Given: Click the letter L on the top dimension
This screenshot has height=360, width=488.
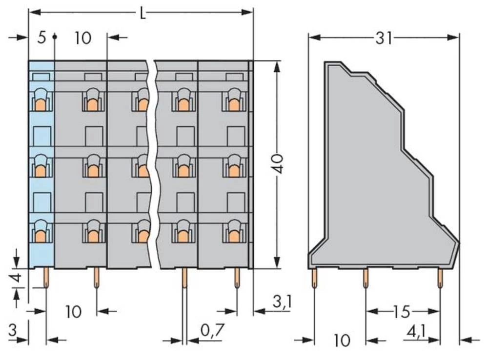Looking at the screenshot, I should [142, 13].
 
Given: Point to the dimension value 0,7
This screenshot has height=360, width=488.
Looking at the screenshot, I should [212, 331].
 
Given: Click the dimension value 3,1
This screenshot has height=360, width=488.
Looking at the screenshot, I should [282, 302].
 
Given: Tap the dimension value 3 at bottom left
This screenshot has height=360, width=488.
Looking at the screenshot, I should [12, 331].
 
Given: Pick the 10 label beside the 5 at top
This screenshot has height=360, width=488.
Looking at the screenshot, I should [83, 38].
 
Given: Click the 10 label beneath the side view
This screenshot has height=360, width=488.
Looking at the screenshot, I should [343, 340].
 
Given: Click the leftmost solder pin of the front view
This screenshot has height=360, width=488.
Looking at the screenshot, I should [46, 278].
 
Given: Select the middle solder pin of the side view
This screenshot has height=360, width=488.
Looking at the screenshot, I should [365, 279].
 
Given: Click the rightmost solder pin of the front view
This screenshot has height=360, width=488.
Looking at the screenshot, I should [237, 278].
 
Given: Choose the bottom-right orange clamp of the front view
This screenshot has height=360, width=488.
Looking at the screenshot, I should [234, 236].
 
